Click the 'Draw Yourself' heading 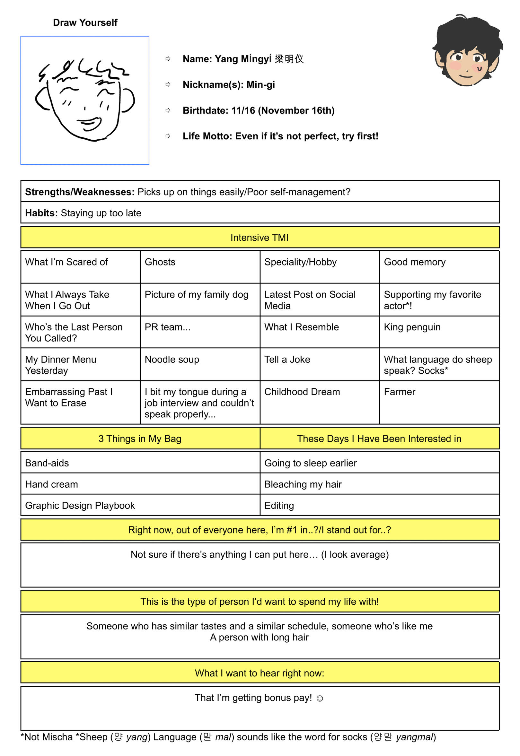point(85,22)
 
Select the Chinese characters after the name point(289,59)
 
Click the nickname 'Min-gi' point(261,85)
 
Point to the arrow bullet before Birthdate point(168,110)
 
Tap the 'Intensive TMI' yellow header point(260,237)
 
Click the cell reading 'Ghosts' point(160,262)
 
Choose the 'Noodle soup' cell point(172,360)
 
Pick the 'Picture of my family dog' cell point(197,295)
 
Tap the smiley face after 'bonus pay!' point(320,699)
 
